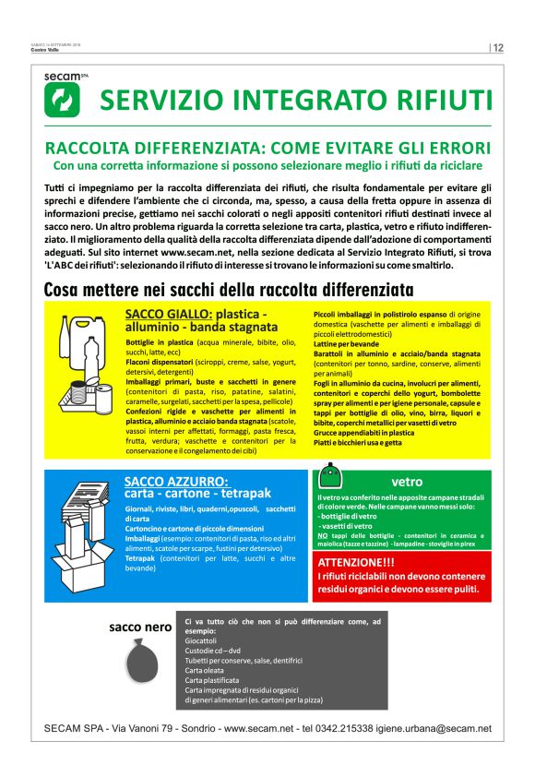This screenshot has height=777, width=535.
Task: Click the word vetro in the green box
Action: click(x=407, y=482)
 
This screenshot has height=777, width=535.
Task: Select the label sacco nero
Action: click(x=140, y=628)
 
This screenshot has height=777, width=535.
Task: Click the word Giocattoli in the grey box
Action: click(x=204, y=640)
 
